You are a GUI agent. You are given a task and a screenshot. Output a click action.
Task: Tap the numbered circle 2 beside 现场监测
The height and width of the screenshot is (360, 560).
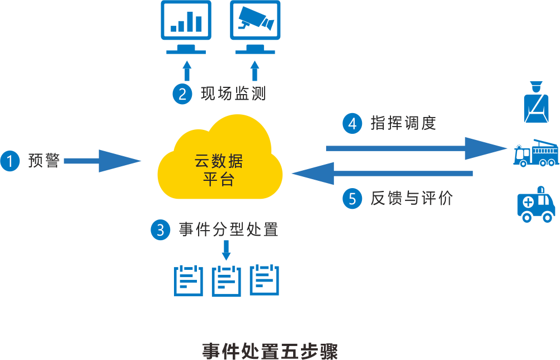pos(182,93)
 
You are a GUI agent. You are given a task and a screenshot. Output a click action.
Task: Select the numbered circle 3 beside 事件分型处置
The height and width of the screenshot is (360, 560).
pos(160,230)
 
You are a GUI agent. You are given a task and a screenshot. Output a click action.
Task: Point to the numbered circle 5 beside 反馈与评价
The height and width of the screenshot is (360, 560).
pos(352,199)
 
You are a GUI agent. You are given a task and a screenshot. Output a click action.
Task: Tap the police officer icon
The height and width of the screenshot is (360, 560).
pos(536,102)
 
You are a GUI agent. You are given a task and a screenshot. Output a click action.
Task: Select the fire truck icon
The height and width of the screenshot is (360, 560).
pos(536,152)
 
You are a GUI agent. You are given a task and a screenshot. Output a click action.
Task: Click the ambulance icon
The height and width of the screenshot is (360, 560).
pos(536,205)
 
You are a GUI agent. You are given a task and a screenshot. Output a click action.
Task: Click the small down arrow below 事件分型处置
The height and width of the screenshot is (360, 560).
pos(226,251)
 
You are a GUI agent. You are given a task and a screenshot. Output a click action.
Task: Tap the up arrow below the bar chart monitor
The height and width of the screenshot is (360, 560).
pos(187,71)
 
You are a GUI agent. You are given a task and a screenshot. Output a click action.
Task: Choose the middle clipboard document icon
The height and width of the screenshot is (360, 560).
pos(226,279)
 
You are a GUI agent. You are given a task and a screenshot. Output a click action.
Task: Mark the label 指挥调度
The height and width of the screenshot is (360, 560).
pos(403,123)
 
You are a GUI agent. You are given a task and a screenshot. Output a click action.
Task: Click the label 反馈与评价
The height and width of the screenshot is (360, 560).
pos(411,199)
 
